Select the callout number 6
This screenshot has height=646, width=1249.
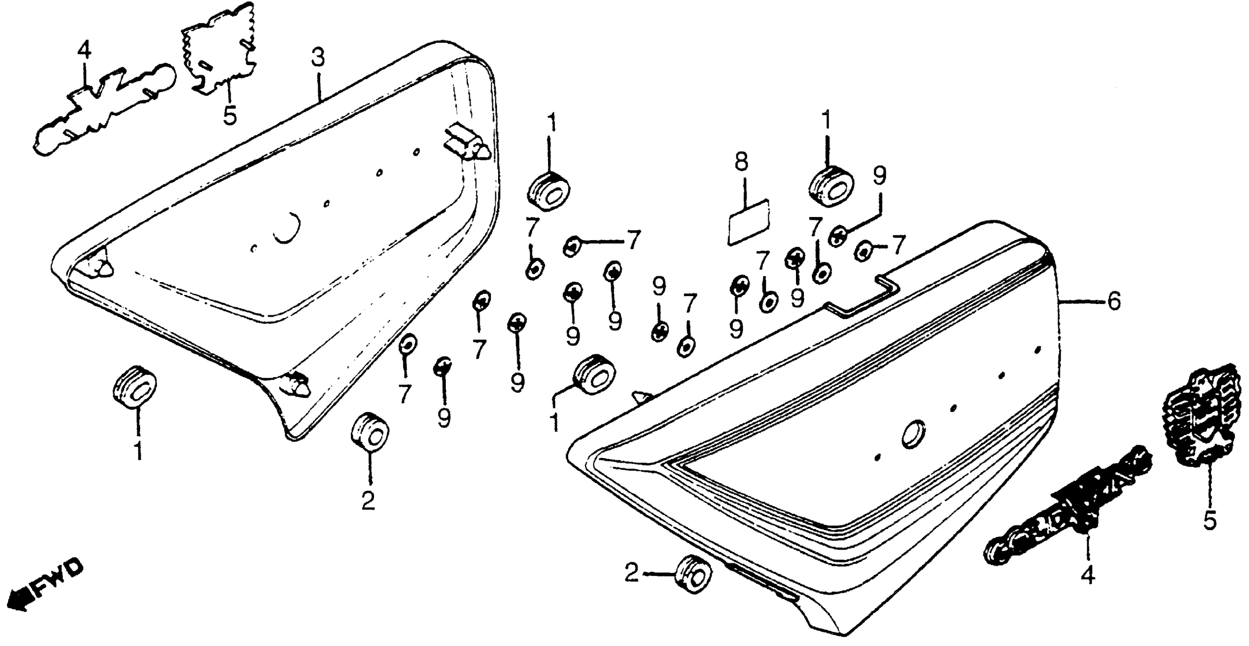click(x=1114, y=302)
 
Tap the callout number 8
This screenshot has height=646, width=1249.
click(x=741, y=162)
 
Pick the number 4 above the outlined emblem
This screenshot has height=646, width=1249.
click(x=84, y=51)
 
